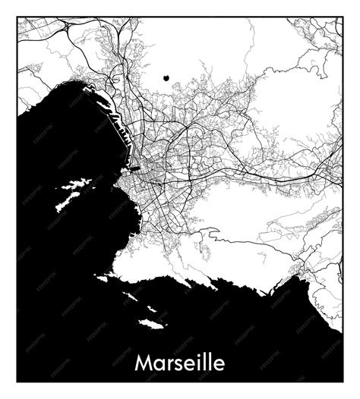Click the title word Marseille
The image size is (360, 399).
(180, 363)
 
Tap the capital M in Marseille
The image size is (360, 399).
(144, 363)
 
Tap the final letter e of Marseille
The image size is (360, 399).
(218, 364)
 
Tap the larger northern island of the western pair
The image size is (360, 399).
(76, 184)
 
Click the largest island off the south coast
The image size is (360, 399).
(151, 324)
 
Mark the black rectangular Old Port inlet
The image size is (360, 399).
(134, 168)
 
